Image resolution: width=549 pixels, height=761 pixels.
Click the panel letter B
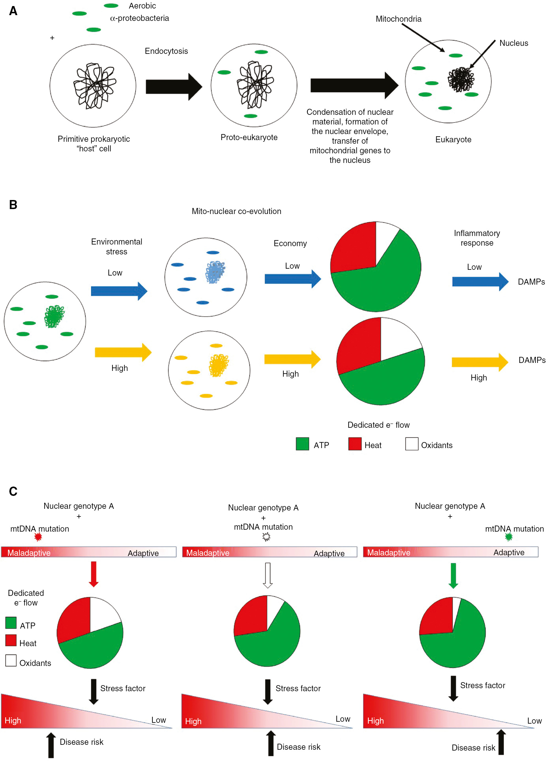[x=13, y=205]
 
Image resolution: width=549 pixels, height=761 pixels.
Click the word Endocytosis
[x=166, y=51]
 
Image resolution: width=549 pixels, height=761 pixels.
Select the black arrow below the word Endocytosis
[x=174, y=87]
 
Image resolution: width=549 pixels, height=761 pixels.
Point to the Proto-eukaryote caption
[x=249, y=137]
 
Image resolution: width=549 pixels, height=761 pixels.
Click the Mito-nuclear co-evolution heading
[x=237, y=211]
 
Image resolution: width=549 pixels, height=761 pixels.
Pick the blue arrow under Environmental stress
[x=119, y=291]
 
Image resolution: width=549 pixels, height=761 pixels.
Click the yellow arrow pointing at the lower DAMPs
[x=480, y=362]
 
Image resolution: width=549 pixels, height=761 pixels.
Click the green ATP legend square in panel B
[x=302, y=444]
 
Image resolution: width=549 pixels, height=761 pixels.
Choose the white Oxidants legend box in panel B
[x=412, y=444]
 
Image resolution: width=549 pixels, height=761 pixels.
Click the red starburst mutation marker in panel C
[x=38, y=537]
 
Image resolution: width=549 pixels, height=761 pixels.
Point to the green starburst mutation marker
[x=509, y=537]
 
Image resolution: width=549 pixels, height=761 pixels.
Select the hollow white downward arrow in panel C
[x=267, y=575]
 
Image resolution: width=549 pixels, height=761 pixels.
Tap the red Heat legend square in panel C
[x=11, y=640]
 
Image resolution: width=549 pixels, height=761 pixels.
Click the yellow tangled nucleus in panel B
[x=219, y=365]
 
